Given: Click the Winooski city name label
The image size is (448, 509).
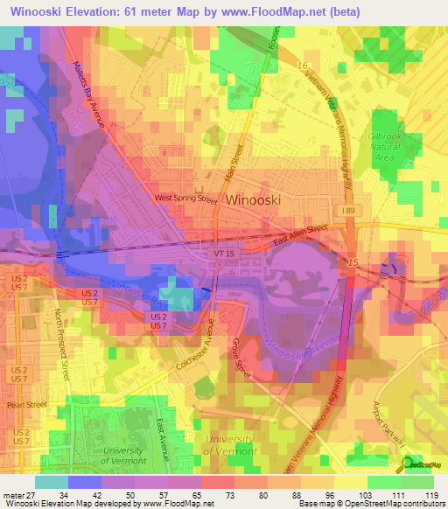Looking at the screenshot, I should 253,200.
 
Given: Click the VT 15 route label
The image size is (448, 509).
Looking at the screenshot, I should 224,254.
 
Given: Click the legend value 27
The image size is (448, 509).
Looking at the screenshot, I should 32,497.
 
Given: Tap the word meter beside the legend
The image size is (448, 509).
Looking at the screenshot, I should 13,497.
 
